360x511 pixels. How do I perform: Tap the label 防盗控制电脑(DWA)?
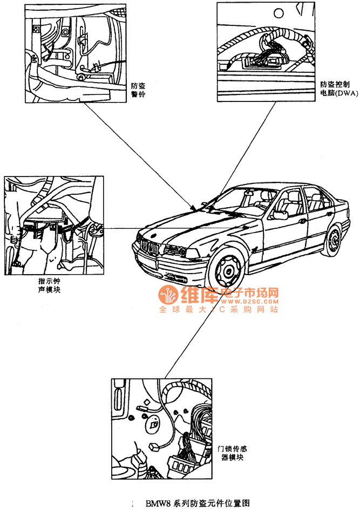(339, 88)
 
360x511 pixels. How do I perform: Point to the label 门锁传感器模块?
(233, 452)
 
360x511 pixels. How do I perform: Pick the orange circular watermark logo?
(168, 296)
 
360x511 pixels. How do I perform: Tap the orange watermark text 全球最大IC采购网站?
(218, 310)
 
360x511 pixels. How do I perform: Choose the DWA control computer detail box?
(266, 52)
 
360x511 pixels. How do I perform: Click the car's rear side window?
(315, 199)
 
